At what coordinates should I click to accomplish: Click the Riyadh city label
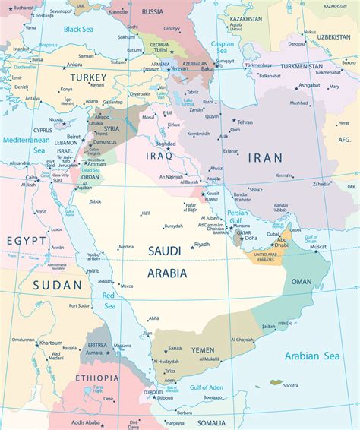(202, 244)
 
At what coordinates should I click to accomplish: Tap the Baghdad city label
(165, 143)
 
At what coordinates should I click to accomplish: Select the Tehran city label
(245, 122)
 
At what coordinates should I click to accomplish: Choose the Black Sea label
(78, 29)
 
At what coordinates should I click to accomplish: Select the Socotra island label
(291, 385)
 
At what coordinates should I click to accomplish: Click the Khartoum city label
(51, 343)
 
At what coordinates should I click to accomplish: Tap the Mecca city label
(126, 286)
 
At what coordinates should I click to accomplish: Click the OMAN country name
(302, 281)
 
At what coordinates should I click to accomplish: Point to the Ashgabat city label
(310, 84)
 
